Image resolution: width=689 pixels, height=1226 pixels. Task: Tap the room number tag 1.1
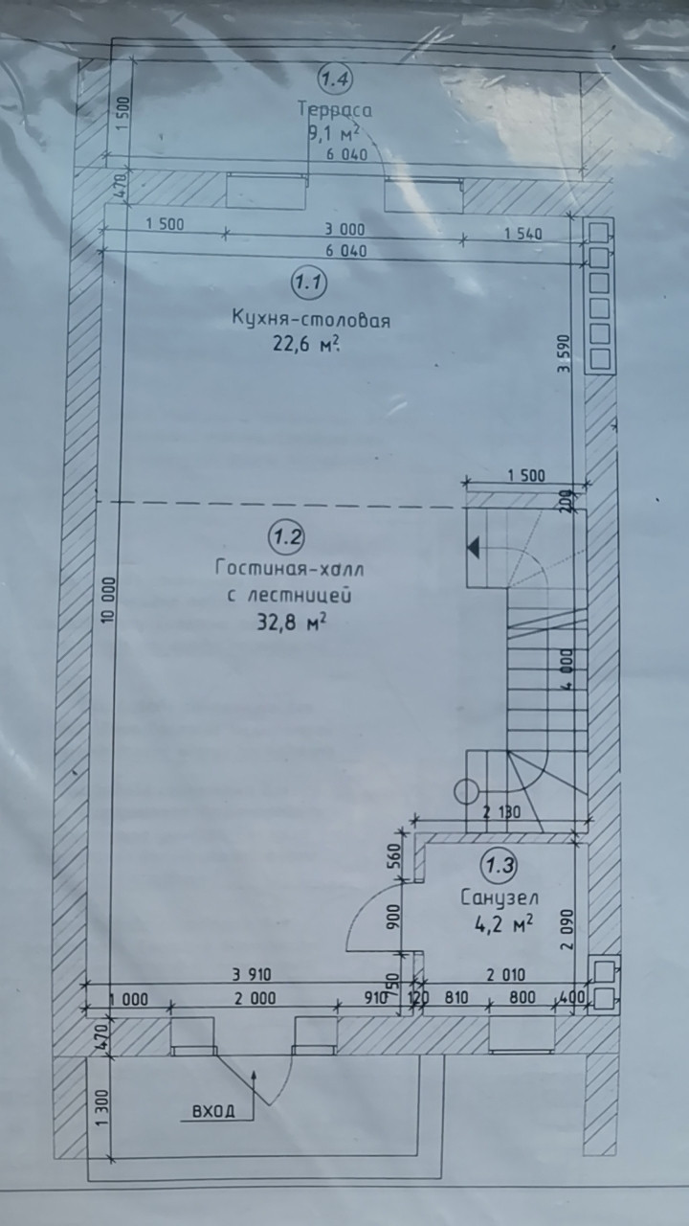(309, 283)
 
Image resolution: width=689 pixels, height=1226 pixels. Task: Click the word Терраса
(334, 109)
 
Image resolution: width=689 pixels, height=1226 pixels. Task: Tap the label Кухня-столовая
(311, 320)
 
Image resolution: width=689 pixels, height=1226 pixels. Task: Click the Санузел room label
(499, 898)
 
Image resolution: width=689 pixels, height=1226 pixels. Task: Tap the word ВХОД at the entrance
(213, 1112)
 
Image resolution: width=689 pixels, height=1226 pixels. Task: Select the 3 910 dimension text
(252, 974)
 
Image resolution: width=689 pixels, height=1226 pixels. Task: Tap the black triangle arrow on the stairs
(473, 547)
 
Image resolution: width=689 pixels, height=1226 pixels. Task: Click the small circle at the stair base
(465, 791)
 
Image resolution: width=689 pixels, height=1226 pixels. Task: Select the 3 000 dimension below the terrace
(344, 228)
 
